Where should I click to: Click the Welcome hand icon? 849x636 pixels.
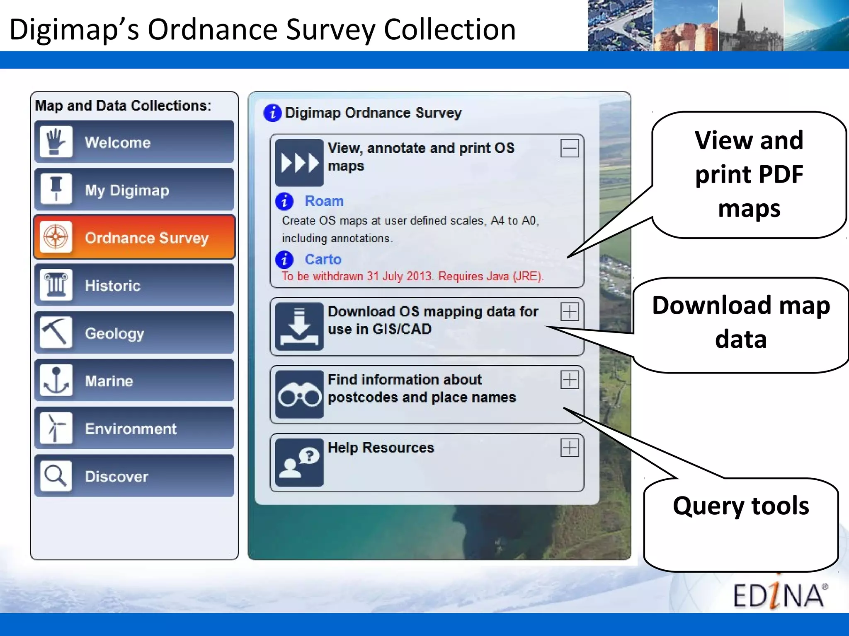pyautogui.click(x=56, y=142)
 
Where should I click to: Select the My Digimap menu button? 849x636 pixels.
pyautogui.click(x=134, y=190)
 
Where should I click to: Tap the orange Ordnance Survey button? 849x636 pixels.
pyautogui.click(x=134, y=237)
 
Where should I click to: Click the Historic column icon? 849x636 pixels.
pyautogui.click(x=56, y=285)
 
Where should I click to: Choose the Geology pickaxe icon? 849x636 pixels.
pyautogui.click(x=56, y=332)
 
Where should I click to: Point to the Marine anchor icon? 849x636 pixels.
pyautogui.click(x=56, y=380)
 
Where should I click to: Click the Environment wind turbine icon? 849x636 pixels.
pyautogui.click(x=56, y=428)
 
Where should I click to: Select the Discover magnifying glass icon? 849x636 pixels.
pyautogui.click(x=56, y=475)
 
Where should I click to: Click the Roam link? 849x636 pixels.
pyautogui.click(x=324, y=201)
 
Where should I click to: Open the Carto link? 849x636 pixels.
pyautogui.click(x=323, y=260)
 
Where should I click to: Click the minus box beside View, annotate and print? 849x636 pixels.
pyautogui.click(x=570, y=148)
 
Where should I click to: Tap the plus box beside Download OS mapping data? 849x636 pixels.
pyautogui.click(x=570, y=312)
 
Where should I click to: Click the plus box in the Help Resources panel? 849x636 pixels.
pyautogui.click(x=570, y=448)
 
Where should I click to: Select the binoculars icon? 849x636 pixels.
pyautogui.click(x=299, y=394)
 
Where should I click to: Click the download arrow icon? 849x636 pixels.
pyautogui.click(x=299, y=327)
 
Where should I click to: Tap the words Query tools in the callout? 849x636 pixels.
pyautogui.click(x=741, y=506)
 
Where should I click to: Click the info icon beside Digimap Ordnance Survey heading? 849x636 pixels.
pyautogui.click(x=272, y=113)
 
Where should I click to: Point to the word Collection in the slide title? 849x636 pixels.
pyautogui.click(x=450, y=30)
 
